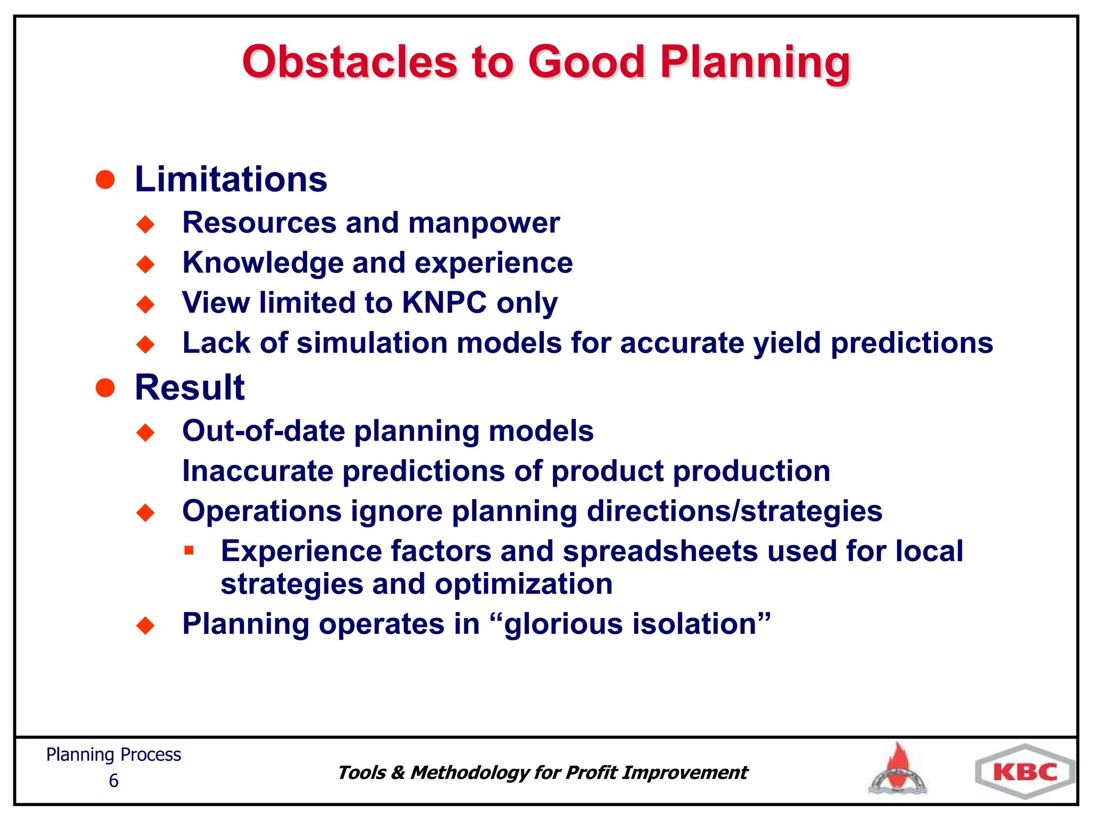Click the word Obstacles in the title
point(350,62)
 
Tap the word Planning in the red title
point(755,63)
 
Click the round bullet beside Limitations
point(105,180)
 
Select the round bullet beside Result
point(105,388)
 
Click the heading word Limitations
point(231,179)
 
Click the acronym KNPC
point(444,303)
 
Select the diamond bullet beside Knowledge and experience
point(145,264)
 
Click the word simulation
point(372,343)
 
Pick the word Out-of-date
point(263,431)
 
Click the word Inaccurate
point(257,471)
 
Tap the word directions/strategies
point(734,511)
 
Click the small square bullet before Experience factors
point(189,550)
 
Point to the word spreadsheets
point(660,551)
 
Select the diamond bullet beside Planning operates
point(145,625)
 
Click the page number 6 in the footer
point(114,781)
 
